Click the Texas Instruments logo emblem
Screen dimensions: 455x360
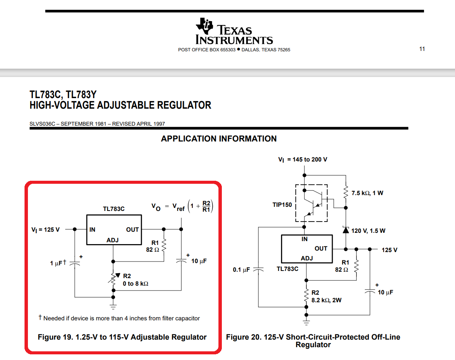(204, 26)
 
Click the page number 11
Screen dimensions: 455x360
(422, 49)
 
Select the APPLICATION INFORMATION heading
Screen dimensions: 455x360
(218, 139)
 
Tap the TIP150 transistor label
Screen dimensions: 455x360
(282, 205)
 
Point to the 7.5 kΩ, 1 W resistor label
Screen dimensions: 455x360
(367, 193)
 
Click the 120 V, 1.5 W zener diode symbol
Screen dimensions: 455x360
(346, 230)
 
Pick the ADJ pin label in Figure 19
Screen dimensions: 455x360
(112, 240)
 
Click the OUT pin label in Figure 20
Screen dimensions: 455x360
(321, 249)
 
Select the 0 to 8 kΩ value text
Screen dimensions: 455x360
(135, 284)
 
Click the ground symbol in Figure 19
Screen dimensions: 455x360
(113, 307)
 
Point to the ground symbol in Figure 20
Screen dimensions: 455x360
(306, 323)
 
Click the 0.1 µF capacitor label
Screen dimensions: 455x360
(241, 270)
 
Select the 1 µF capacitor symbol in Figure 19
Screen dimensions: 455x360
(75, 263)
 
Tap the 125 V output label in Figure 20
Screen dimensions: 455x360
(389, 250)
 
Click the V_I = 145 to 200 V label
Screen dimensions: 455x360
(303, 160)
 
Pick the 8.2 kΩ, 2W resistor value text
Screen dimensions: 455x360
(326, 300)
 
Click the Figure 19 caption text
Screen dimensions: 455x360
(122, 337)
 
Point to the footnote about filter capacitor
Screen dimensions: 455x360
(119, 318)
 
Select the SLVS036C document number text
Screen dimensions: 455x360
(42, 124)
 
